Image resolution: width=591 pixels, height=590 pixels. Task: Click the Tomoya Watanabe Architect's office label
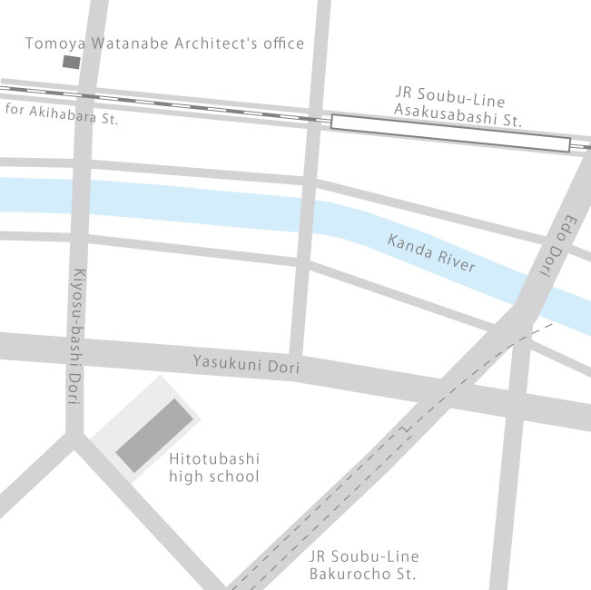pyautogui.click(x=164, y=44)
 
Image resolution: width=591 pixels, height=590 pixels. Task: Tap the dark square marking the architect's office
pyautogui.click(x=70, y=62)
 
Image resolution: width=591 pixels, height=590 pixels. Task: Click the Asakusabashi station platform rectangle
pyautogui.click(x=450, y=133)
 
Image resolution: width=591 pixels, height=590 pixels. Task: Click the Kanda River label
pyautogui.click(x=431, y=254)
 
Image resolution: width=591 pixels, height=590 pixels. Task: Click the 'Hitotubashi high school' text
pyautogui.click(x=214, y=468)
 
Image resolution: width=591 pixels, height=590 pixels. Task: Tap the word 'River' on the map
pyautogui.click(x=457, y=261)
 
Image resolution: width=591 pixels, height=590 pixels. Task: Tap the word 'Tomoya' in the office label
pyautogui.click(x=49, y=44)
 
